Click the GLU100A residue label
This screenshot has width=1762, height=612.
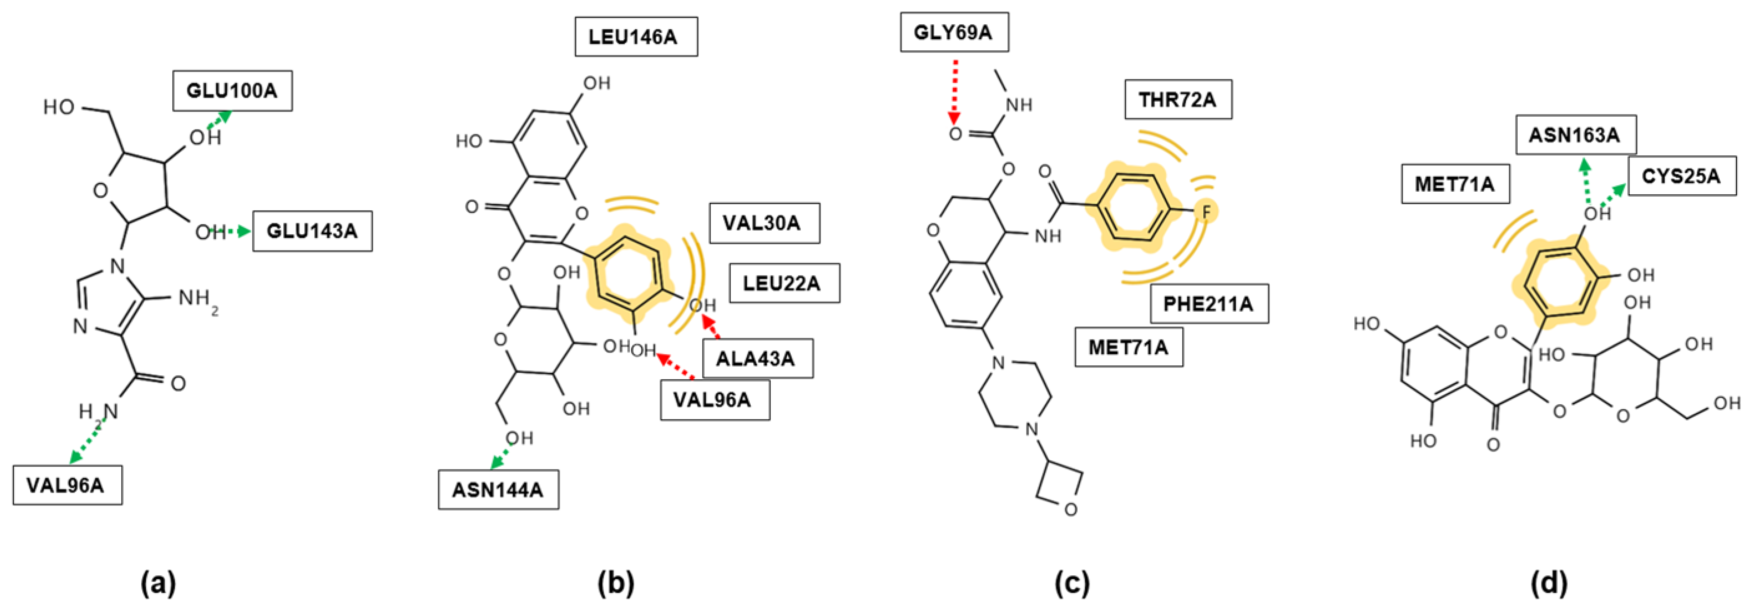(x=232, y=90)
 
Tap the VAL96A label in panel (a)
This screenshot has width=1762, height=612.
(x=67, y=485)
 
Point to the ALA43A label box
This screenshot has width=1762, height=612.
(x=757, y=358)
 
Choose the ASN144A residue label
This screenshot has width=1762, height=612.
(x=498, y=489)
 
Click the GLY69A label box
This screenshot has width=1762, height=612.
(x=953, y=32)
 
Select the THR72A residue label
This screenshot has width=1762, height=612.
(x=1178, y=99)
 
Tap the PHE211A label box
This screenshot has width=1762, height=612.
(x=1208, y=303)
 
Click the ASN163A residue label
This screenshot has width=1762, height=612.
(x=1575, y=134)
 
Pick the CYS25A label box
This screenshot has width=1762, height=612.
(x=1681, y=176)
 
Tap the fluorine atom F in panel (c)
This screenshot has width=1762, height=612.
(x=1206, y=212)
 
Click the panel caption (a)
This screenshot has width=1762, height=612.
(x=158, y=583)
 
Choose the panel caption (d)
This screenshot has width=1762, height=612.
(x=1549, y=583)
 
